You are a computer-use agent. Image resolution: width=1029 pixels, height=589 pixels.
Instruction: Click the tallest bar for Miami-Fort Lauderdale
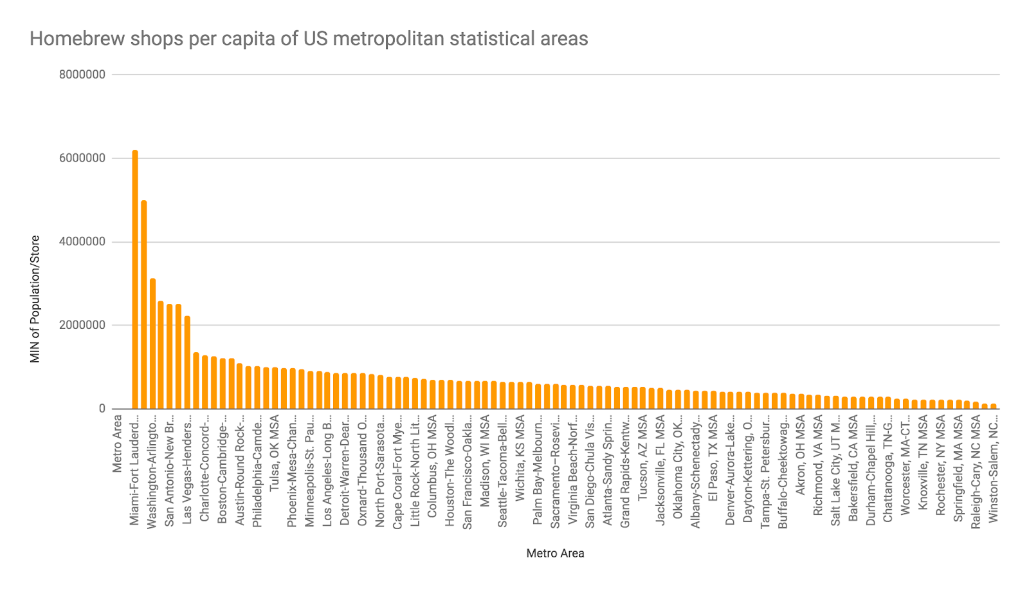[135, 279]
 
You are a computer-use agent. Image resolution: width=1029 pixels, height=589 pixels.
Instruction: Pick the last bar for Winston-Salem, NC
[993, 406]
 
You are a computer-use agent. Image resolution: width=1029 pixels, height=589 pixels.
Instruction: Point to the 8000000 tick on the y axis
[82, 75]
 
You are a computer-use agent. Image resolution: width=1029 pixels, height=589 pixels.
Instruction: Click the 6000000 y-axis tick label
[82, 158]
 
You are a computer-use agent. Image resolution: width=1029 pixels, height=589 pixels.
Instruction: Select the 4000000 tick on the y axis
[82, 242]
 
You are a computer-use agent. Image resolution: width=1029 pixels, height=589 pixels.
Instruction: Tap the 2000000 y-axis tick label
[82, 325]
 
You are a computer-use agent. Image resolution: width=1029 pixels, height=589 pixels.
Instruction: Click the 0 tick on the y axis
[102, 409]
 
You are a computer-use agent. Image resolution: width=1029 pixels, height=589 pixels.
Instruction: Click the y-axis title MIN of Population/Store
[35, 299]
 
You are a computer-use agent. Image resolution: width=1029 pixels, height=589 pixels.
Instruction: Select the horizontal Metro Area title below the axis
[555, 553]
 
